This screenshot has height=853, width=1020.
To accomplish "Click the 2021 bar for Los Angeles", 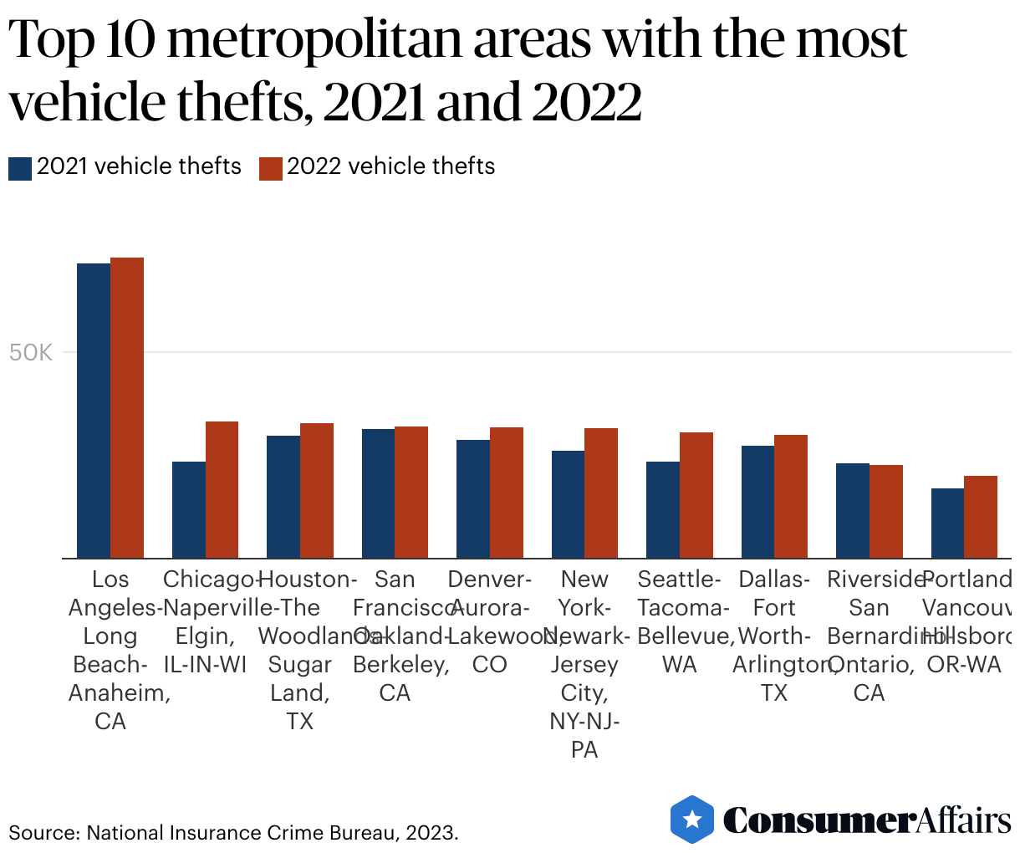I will (94, 411).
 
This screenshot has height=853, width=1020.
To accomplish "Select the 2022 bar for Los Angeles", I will (127, 408).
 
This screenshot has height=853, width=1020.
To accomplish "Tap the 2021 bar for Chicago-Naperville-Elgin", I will (189, 509).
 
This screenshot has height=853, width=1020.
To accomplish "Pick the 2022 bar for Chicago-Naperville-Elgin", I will (222, 490).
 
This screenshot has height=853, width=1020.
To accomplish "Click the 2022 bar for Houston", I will (317, 491).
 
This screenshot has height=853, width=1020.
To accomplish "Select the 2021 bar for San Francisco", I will (378, 493).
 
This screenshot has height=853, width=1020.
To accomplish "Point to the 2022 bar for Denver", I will (507, 493).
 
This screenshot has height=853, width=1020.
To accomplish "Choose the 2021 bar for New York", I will (568, 504).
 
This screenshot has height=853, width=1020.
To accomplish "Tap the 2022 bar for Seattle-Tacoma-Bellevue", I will (696, 495).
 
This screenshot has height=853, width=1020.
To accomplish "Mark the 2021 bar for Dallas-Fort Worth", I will (757, 502).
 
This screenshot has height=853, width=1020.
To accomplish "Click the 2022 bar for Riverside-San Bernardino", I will (886, 511).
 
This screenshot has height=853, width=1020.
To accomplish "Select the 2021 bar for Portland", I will (947, 523).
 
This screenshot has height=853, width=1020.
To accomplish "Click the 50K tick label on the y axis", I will (31, 353).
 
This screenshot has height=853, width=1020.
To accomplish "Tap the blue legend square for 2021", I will (20, 168).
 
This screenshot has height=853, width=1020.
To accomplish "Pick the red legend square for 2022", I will (271, 168).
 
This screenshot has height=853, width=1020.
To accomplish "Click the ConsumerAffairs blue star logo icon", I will (692, 820).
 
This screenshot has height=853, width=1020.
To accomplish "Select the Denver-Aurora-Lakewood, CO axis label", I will (490, 621).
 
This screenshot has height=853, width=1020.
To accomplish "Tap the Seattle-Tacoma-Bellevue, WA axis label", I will (680, 621).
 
